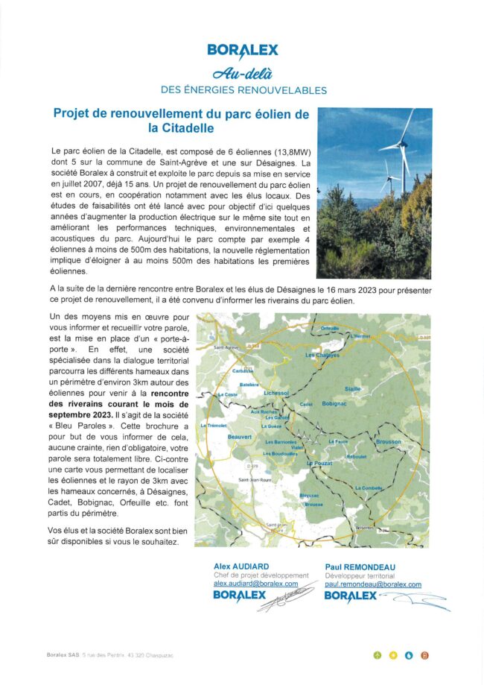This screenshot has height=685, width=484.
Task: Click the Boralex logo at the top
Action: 243,51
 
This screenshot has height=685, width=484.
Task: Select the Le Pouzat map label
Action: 319,463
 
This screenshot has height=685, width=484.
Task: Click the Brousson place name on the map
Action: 388,442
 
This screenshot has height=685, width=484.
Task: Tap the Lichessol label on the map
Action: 276,391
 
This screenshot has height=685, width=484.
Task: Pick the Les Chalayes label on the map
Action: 322,355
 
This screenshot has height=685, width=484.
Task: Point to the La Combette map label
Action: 369,487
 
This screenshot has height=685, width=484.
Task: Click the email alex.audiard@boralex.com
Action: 255,584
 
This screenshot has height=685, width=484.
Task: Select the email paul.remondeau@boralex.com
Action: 372,585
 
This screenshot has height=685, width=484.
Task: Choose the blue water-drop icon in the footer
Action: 408,655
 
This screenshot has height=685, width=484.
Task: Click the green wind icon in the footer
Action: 378,655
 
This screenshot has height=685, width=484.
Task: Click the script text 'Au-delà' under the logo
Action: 243,73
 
